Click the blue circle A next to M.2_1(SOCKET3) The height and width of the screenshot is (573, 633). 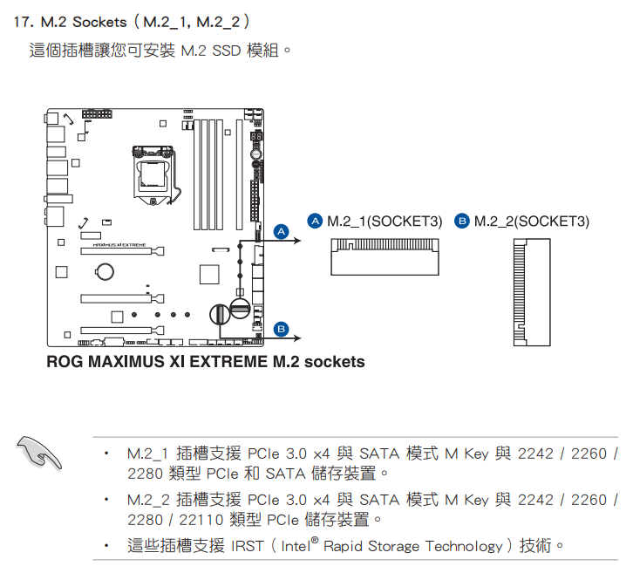click(316, 222)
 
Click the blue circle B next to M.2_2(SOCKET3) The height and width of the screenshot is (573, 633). click(462, 222)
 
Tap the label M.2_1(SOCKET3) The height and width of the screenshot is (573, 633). click(385, 222)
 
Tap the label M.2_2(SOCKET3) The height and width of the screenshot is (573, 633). click(531, 222)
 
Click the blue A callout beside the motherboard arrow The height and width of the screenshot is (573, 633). click(281, 231)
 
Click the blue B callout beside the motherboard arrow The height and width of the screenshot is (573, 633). click(281, 329)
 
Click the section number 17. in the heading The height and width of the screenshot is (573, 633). click(24, 22)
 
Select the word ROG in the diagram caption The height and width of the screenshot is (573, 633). click(65, 361)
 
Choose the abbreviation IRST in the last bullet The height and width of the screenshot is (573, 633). click(247, 547)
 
